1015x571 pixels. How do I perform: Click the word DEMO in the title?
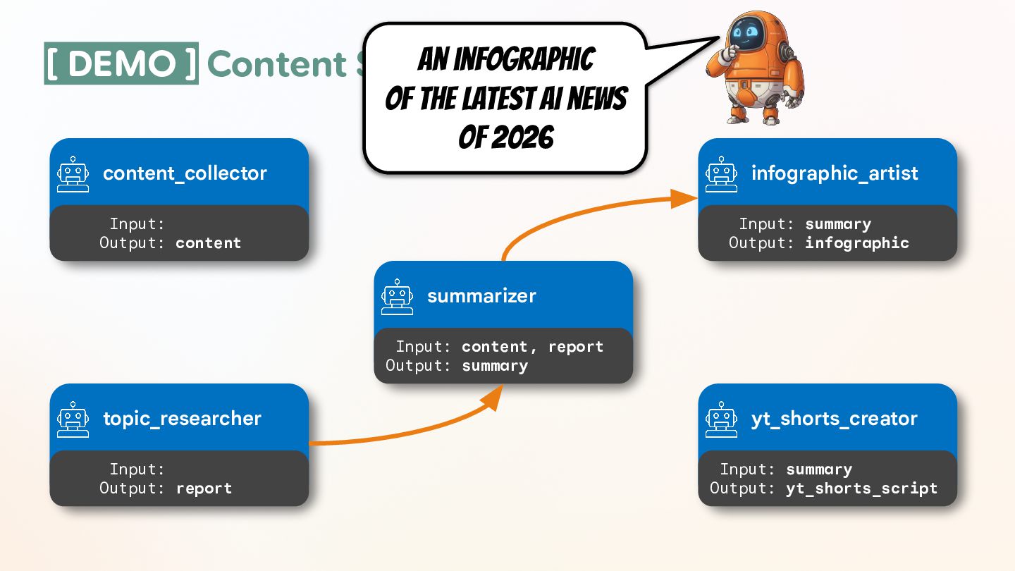coord(121,63)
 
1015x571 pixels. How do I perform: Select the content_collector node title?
coord(185,173)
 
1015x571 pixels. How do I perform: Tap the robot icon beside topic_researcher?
coord(73,419)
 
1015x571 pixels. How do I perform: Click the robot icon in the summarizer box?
coord(398,296)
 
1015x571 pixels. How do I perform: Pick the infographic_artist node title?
coord(835,173)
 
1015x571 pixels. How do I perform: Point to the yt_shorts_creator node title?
coord(835,419)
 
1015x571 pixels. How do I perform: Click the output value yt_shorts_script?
coord(861,488)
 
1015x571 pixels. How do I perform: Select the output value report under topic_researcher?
coord(204,488)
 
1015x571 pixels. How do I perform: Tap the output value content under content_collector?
coord(208,242)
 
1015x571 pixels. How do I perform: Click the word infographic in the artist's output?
coord(857,242)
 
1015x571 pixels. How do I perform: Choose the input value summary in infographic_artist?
coord(838,224)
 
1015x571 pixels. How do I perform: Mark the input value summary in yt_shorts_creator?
coord(819,469)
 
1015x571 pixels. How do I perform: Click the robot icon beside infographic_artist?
coord(722,173)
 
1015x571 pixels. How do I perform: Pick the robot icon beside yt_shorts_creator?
coord(722,419)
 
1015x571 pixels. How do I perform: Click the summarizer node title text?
coord(481,296)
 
